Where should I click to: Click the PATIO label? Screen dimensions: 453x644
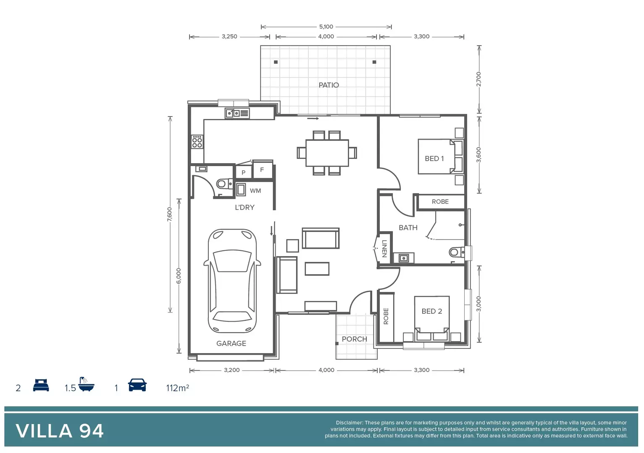[x=329, y=85]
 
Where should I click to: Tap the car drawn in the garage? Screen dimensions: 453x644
[x=232, y=281]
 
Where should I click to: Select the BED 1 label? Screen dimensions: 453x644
[x=434, y=159]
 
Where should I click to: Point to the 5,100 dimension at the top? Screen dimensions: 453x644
[x=326, y=26]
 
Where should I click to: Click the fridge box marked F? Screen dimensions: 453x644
[x=262, y=170]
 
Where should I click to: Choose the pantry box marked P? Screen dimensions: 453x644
[x=243, y=172]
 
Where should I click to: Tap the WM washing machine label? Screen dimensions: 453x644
[x=255, y=191]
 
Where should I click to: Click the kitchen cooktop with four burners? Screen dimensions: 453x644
[x=197, y=142]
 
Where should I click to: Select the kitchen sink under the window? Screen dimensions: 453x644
[x=237, y=113]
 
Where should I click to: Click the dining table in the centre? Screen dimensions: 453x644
[x=327, y=153]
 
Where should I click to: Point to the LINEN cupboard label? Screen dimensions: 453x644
[x=384, y=249]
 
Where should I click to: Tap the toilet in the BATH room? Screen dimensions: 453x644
[x=455, y=252]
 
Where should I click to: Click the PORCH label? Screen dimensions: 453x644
[x=354, y=339]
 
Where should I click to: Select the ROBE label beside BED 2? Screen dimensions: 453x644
[x=386, y=316]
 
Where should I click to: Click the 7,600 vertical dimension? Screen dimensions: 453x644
[x=169, y=214]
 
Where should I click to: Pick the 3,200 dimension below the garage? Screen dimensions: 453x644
[x=231, y=370]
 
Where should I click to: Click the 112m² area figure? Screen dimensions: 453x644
[x=177, y=388]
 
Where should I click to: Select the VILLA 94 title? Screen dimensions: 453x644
[x=60, y=431]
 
